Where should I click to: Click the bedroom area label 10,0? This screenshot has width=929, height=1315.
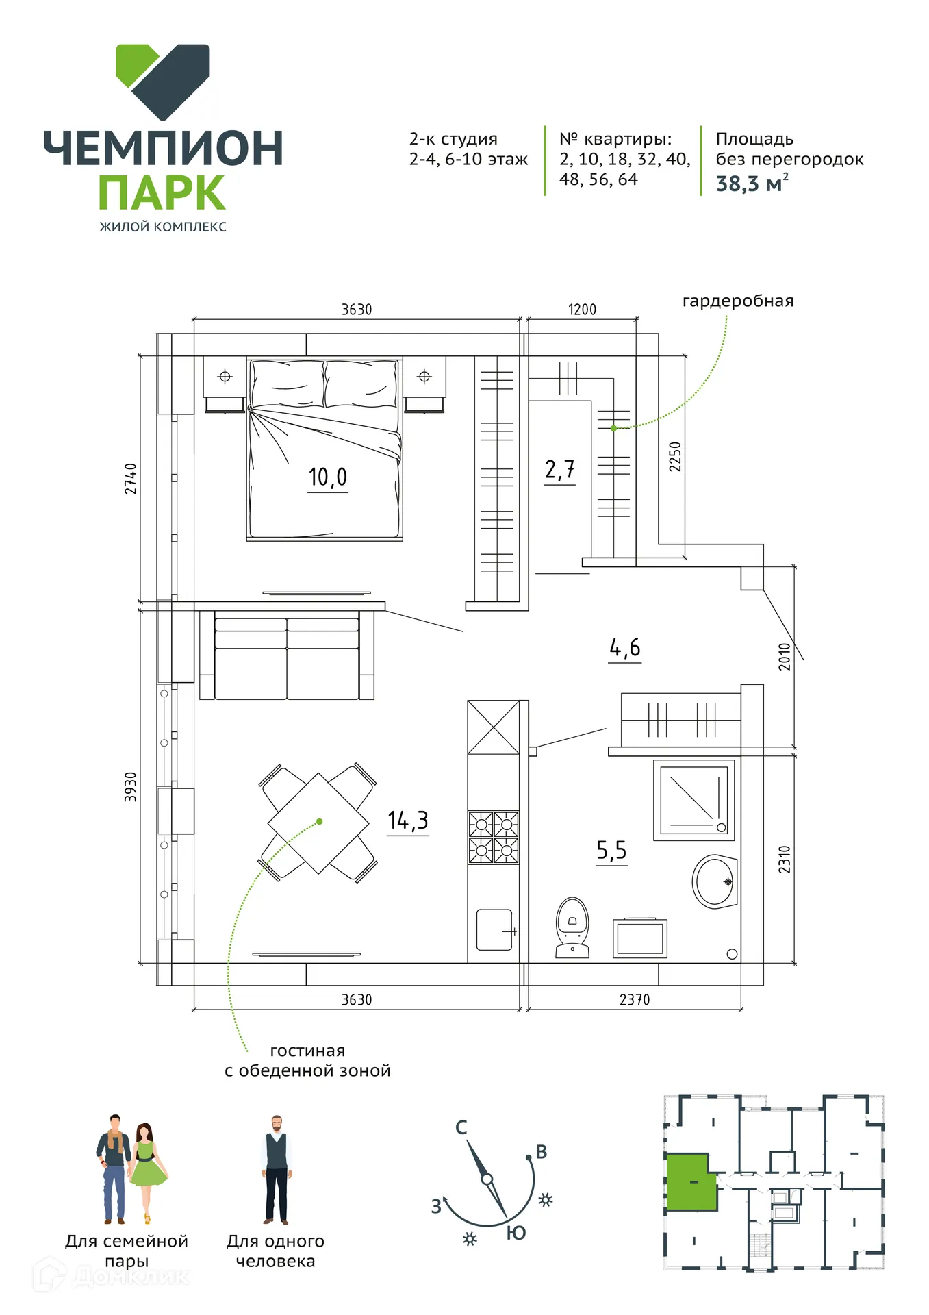(328, 477)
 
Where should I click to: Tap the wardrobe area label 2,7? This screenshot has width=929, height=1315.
(559, 470)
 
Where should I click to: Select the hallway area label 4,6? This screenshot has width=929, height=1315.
(625, 647)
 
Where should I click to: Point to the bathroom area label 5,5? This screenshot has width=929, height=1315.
(611, 851)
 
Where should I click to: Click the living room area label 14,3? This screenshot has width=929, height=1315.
(408, 821)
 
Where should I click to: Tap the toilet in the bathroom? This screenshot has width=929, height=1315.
(572, 927)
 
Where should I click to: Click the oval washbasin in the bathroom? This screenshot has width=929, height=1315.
(715, 881)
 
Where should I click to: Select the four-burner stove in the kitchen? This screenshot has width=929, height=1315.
(494, 837)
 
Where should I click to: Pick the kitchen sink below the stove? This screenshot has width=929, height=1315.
(495, 929)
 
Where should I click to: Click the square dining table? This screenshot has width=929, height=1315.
(318, 823)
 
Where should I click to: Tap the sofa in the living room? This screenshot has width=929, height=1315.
(287, 655)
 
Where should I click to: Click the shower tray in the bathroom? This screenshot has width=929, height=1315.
(694, 800)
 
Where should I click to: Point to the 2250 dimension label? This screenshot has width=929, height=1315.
(675, 456)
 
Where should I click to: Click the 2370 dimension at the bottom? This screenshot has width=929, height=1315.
(635, 1000)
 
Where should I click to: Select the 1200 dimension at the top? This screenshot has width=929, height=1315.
(582, 310)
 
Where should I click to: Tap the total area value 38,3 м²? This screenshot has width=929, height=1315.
(752, 184)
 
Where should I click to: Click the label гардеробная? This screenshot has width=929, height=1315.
(738, 301)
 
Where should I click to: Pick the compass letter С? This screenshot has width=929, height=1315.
(461, 1127)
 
